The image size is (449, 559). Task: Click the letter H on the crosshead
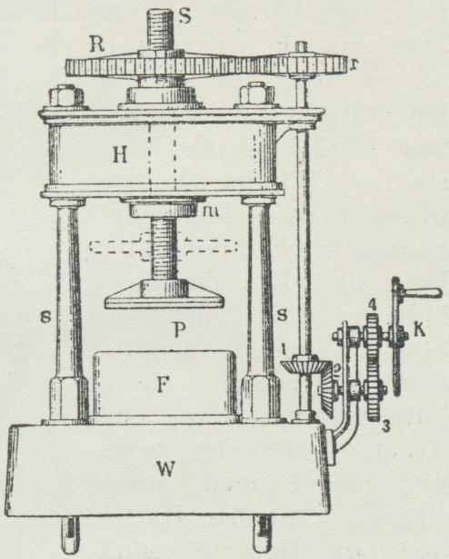tap(120, 155)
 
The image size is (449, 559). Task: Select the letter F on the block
tap(163, 385)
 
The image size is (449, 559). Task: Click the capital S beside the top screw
tap(185, 16)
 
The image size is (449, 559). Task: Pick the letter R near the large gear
tap(96, 44)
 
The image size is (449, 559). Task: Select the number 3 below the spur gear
tap(385, 427)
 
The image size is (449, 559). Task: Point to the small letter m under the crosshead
tap(211, 211)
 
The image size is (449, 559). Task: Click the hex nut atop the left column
tap(66, 95)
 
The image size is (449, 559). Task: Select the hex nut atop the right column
tap(257, 93)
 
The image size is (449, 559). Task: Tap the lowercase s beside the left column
tap(45, 316)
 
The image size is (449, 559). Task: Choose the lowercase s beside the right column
tap(282, 315)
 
